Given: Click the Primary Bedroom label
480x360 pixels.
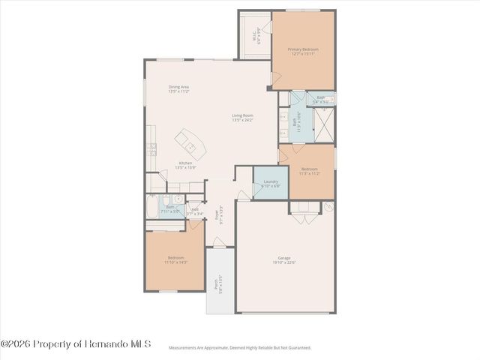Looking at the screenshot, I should pyautogui.click(x=303, y=49).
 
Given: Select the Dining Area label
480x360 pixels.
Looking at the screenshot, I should pyautogui.click(x=178, y=87).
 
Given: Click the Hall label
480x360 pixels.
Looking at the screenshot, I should pyautogui.click(x=195, y=210).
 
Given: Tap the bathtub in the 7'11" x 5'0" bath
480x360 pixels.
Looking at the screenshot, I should pyautogui.click(x=151, y=203).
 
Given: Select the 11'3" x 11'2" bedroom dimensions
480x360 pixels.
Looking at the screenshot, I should pyautogui.click(x=310, y=172).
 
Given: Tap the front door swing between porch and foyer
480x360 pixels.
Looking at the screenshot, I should pyautogui.click(x=218, y=242).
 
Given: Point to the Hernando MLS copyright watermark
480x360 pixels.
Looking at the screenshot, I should pyautogui.click(x=76, y=343).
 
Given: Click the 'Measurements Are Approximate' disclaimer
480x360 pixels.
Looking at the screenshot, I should pyautogui.click(x=239, y=347).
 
